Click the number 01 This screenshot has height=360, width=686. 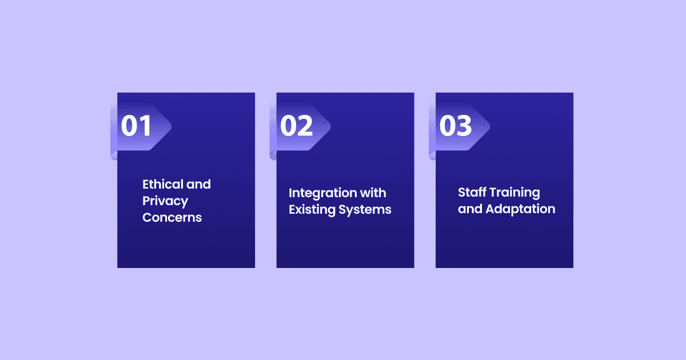(x=136, y=126)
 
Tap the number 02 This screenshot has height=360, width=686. (x=297, y=126)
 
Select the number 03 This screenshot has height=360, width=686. (x=456, y=126)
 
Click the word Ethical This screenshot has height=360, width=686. (x=162, y=184)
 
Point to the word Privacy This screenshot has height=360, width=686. (x=165, y=201)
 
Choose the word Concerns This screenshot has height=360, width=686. (x=172, y=218)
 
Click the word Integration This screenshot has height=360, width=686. (x=322, y=194)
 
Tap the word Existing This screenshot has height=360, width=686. (x=312, y=210)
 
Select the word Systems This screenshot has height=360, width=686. (x=365, y=210)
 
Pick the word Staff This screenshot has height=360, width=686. (x=472, y=192)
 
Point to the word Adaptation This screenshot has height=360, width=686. (x=520, y=210)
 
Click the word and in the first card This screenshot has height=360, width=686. (x=198, y=184)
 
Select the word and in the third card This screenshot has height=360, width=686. (x=470, y=209)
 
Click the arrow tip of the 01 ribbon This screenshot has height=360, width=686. (x=171, y=126)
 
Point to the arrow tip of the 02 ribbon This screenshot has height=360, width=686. (x=330, y=126)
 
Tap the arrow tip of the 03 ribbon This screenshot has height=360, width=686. (x=489, y=126)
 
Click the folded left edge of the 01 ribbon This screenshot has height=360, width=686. (x=114, y=131)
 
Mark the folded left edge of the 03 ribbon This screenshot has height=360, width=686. (x=432, y=131)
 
